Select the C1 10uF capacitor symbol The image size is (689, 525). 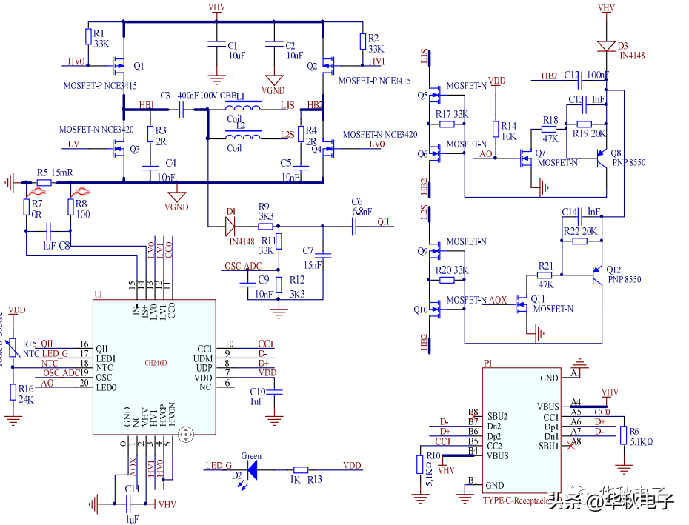point(216,44)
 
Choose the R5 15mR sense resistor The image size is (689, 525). point(44,182)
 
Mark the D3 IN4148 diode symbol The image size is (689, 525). point(607,45)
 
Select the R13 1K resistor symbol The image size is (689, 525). point(301,469)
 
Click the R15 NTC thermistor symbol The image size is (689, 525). point(13,345)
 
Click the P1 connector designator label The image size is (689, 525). point(487,364)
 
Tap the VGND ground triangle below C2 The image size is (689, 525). point(274,79)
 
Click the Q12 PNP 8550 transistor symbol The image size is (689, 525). point(595,277)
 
